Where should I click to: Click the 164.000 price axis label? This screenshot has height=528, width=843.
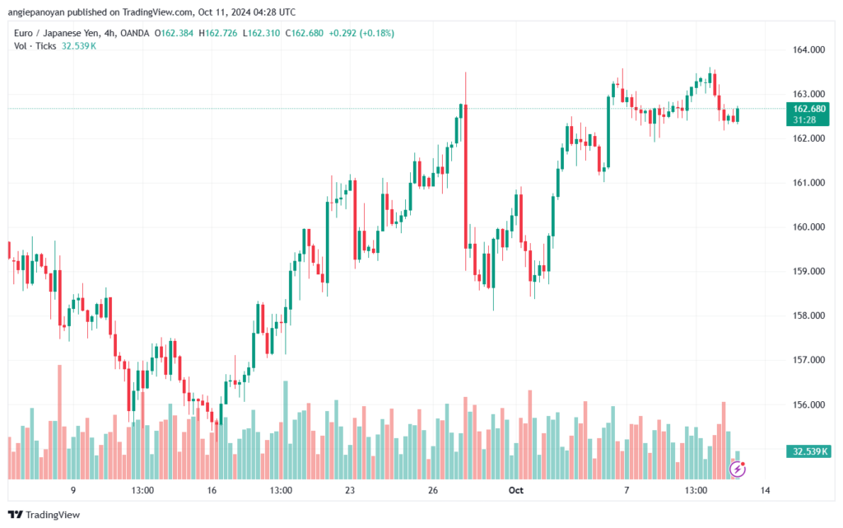[x=806, y=50]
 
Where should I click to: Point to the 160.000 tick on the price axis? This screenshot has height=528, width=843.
[x=806, y=227]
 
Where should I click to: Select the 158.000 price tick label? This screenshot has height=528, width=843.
[x=806, y=316]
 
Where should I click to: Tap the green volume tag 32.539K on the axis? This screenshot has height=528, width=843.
[x=808, y=451]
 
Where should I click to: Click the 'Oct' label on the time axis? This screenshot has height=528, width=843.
[x=516, y=491]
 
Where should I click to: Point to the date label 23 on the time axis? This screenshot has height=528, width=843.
[x=350, y=491]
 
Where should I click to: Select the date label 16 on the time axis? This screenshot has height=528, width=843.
[x=212, y=491]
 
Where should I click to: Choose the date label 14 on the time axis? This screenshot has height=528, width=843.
[x=765, y=491]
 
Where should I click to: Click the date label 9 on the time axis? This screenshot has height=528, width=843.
[x=73, y=491]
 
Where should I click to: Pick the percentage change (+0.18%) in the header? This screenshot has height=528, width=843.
[x=374, y=33]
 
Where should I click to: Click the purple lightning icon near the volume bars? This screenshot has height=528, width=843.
[x=738, y=470]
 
